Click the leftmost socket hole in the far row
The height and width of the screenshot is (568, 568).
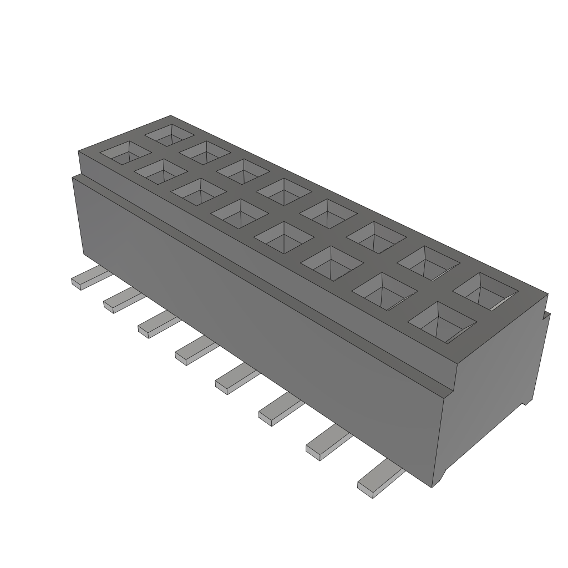pyautogui.click(x=170, y=135)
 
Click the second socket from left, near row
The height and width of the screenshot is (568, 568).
pyautogui.click(x=160, y=171)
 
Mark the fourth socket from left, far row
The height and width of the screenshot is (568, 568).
pyautogui.click(x=283, y=191)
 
